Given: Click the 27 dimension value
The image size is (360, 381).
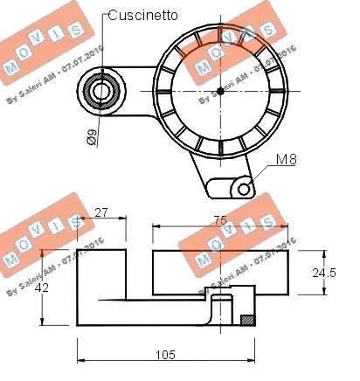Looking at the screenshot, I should point(100,212).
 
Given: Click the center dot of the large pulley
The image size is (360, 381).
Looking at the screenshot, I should point(220,90).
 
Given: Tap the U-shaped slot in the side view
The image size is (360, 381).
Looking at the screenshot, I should point(224,309).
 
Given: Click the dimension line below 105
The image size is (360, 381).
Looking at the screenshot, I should point(166,363).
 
